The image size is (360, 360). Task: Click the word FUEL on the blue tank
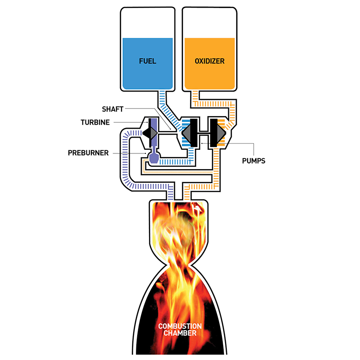[147, 61]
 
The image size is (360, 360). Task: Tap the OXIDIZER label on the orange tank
[209, 61]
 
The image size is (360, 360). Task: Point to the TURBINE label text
[95, 122]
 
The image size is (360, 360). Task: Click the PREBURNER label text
[88, 153]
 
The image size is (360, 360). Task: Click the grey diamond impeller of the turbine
[149, 132]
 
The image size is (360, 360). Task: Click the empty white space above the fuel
[147, 22]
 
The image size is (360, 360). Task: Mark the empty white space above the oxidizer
[209, 22]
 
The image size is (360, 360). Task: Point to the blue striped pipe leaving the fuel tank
[162, 97]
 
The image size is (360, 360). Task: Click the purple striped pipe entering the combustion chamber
[170, 194]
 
